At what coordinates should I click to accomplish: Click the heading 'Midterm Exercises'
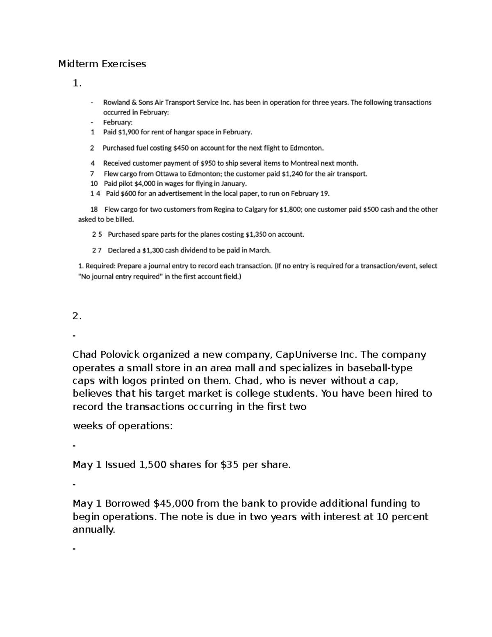102,64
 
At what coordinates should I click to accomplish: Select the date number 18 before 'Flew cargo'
94,210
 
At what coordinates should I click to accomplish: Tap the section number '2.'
77,316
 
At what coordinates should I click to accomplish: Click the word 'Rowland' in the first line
116,103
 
